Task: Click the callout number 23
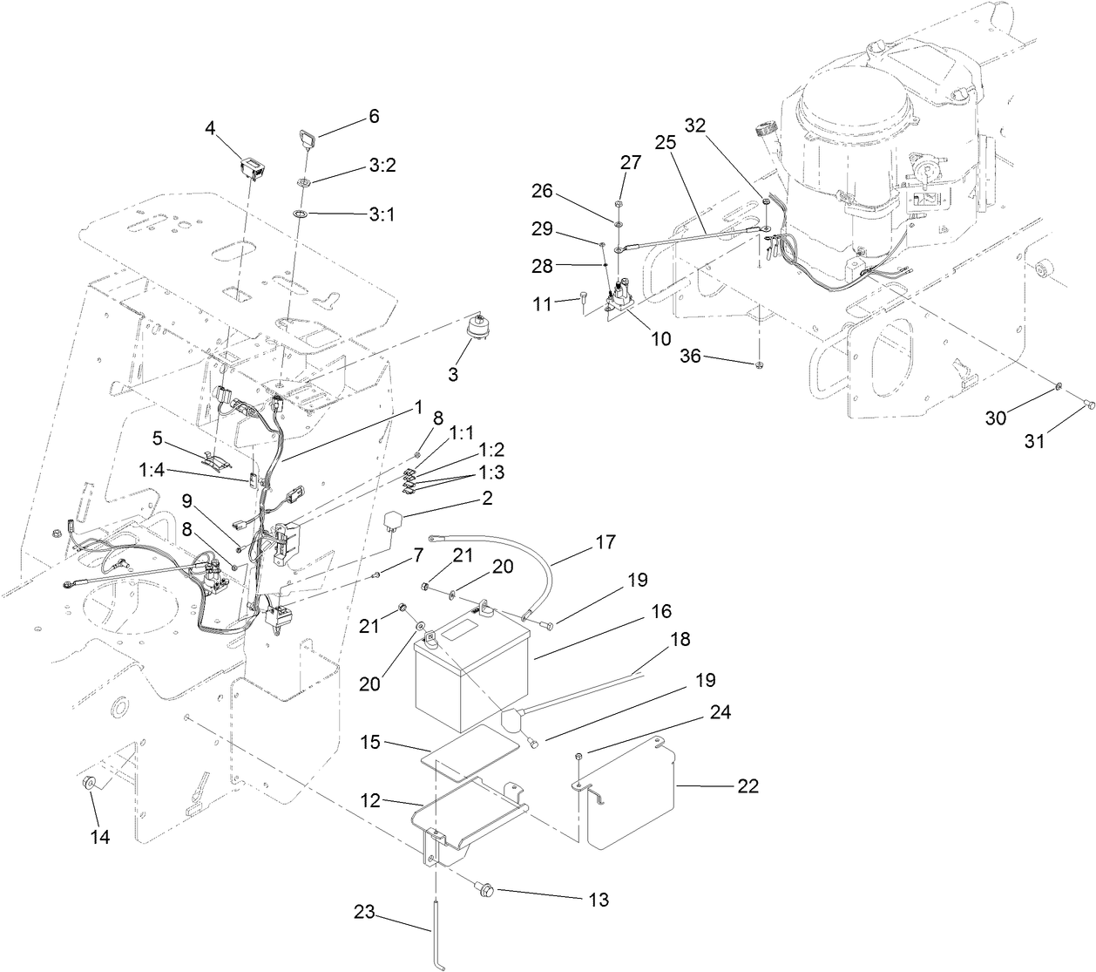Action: coord(366,914)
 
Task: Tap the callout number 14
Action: coord(100,837)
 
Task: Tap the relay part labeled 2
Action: coord(396,520)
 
